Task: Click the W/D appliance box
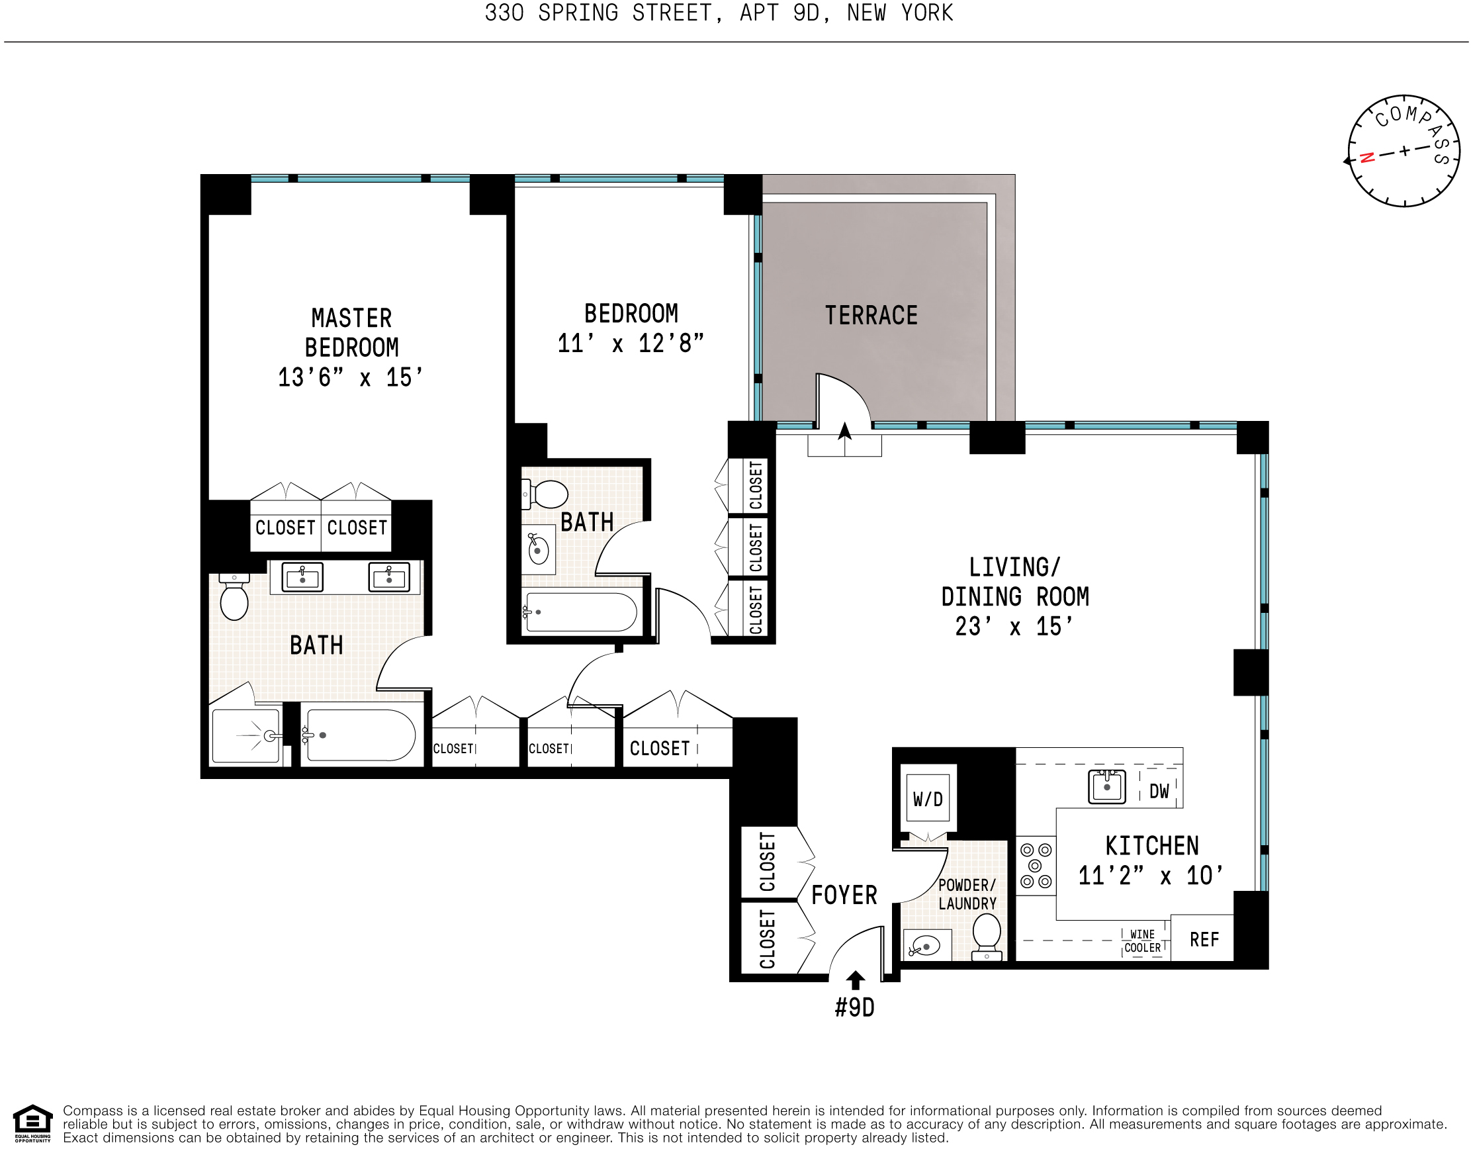[928, 799]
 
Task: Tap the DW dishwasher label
[1159, 792]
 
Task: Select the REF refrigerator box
[1204, 940]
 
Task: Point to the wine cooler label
[1142, 941]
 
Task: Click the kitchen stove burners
[1035, 866]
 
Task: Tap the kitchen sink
[1106, 787]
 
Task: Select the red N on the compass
[1366, 158]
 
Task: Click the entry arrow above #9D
[856, 980]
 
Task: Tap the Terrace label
[871, 315]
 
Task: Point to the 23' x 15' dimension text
[1014, 626]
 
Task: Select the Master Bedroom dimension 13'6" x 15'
[350, 377]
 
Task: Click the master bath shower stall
[245, 735]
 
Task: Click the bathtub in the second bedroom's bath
[580, 612]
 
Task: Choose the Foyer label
[844, 895]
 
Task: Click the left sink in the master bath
[302, 577]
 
